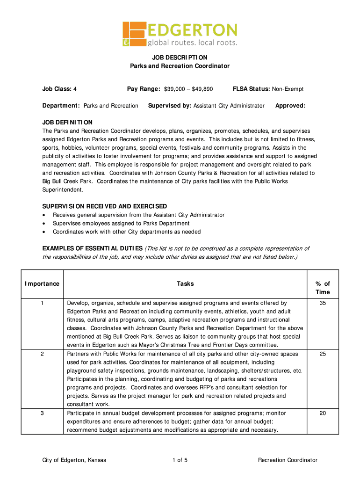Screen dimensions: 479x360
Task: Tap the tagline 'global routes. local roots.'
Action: (193, 43)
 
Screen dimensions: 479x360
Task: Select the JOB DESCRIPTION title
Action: (180, 57)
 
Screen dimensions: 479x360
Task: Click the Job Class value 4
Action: (75, 89)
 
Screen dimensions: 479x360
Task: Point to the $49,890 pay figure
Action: (202, 89)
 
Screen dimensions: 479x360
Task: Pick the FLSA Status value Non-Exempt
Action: (288, 89)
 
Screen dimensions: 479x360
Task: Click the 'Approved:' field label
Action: (290, 106)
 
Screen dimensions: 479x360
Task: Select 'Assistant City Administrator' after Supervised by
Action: (229, 106)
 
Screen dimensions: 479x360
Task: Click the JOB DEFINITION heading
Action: (67, 123)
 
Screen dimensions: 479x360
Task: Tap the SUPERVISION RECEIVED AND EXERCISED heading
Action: (105, 206)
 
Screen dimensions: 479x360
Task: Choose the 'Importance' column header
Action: (42, 283)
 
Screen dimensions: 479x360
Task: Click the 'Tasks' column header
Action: (185, 283)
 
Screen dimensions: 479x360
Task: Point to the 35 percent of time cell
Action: (323, 303)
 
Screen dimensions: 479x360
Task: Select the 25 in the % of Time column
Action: (323, 354)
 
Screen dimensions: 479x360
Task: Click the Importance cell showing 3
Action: (42, 414)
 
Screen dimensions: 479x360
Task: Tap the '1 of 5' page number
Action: (180, 460)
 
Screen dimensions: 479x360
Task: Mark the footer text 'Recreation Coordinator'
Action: (288, 460)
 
